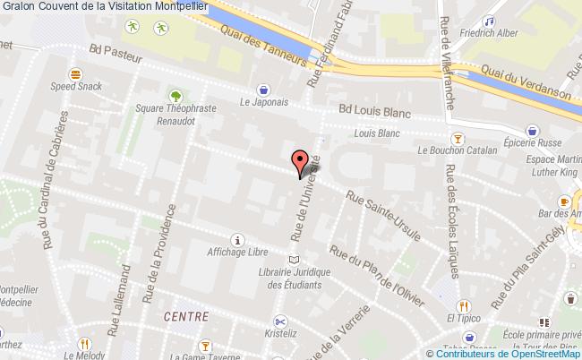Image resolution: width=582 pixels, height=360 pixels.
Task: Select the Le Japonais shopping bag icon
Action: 263,89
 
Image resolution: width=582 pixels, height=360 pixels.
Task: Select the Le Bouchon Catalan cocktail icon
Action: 458,138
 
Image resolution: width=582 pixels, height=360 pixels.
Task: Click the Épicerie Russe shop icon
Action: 534,130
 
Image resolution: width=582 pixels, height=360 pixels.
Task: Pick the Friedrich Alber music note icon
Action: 488,21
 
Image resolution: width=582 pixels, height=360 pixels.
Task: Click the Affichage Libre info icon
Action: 236,239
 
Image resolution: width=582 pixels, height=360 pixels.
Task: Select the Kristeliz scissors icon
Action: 280,321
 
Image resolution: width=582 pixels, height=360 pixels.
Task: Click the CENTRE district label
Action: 186,317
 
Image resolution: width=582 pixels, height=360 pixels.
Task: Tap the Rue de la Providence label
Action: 163,264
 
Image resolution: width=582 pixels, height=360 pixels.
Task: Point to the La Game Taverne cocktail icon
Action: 204,345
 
